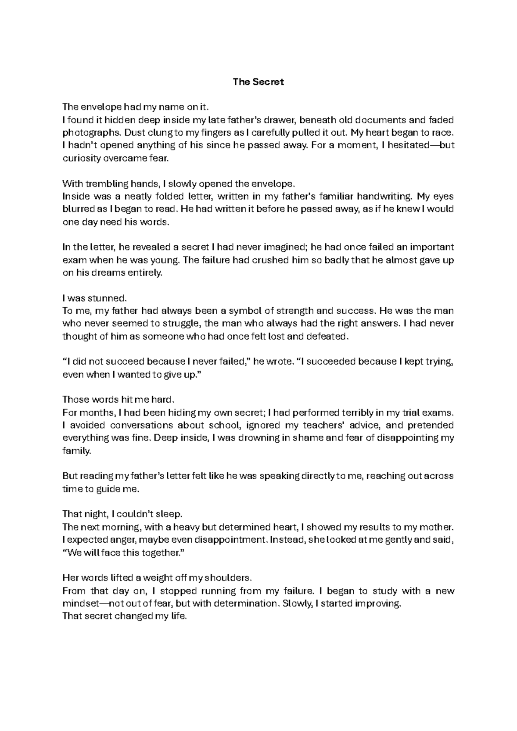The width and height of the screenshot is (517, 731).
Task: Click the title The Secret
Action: click(x=258, y=82)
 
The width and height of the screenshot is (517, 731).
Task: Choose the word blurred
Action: click(x=77, y=209)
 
